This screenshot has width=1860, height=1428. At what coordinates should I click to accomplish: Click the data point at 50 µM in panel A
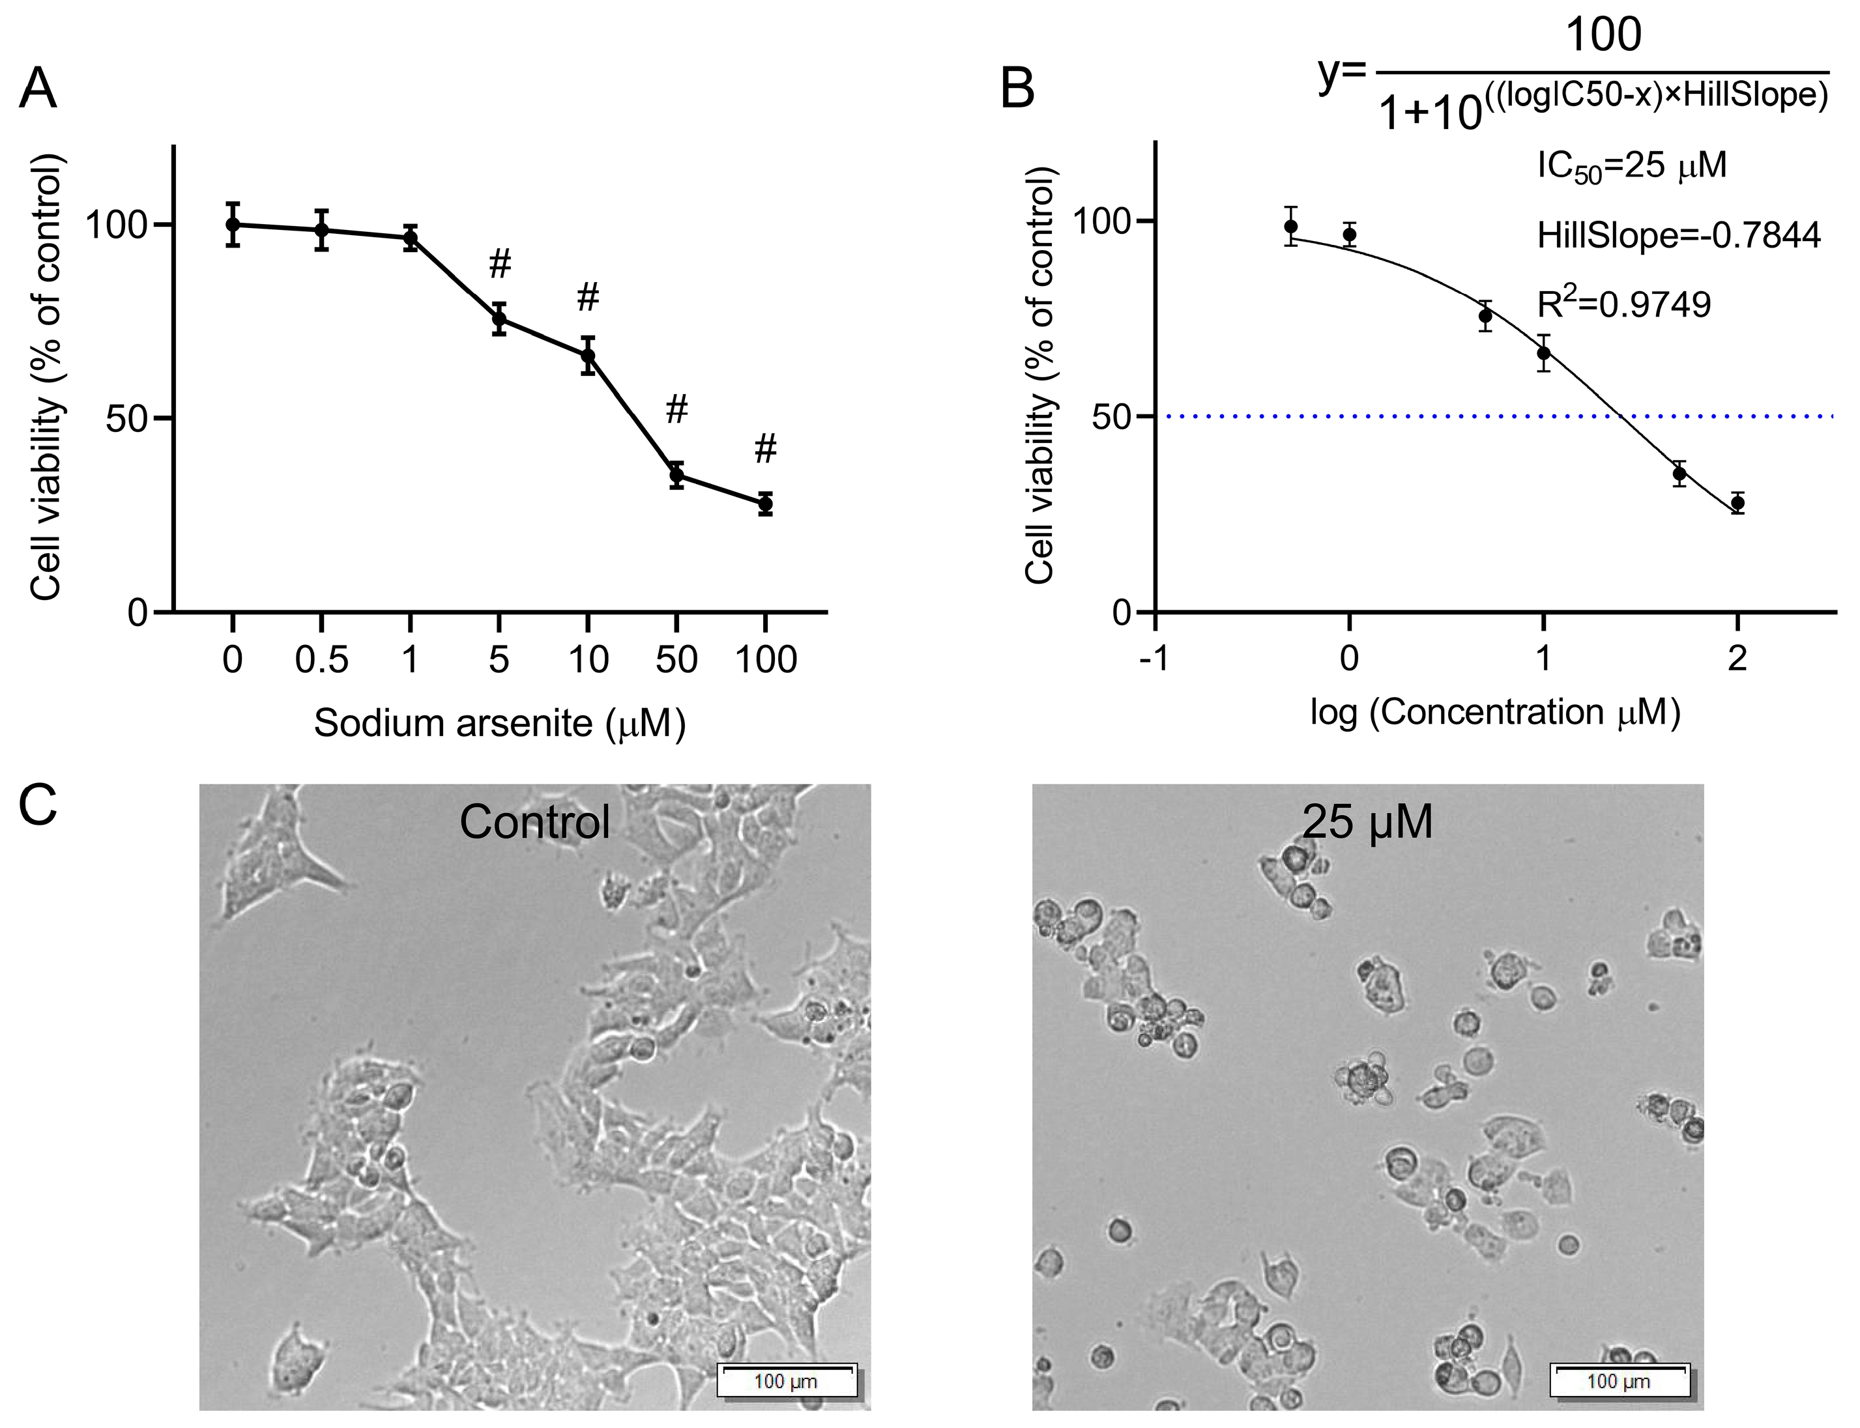point(676,475)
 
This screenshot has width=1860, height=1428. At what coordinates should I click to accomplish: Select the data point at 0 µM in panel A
point(232,224)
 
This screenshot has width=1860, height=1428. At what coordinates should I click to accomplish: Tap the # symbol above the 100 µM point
point(765,448)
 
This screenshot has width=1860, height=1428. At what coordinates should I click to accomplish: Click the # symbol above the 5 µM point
point(500,264)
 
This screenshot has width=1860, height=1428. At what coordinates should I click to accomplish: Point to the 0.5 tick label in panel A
point(321,659)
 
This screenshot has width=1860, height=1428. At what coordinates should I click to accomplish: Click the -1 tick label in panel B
point(1154,659)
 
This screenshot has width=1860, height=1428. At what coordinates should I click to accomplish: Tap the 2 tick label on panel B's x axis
point(1737,659)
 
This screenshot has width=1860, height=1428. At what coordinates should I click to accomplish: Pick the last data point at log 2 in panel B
point(1737,503)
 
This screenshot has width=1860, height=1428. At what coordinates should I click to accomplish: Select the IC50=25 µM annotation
point(1631,165)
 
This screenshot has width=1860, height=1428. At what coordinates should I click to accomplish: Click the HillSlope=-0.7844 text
point(1678,235)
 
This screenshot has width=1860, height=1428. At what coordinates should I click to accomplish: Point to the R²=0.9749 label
point(1623,304)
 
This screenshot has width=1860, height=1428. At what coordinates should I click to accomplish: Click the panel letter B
point(1017,89)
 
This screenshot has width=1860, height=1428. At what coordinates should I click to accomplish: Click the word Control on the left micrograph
point(534,822)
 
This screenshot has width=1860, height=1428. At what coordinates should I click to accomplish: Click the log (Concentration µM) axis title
point(1495,712)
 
